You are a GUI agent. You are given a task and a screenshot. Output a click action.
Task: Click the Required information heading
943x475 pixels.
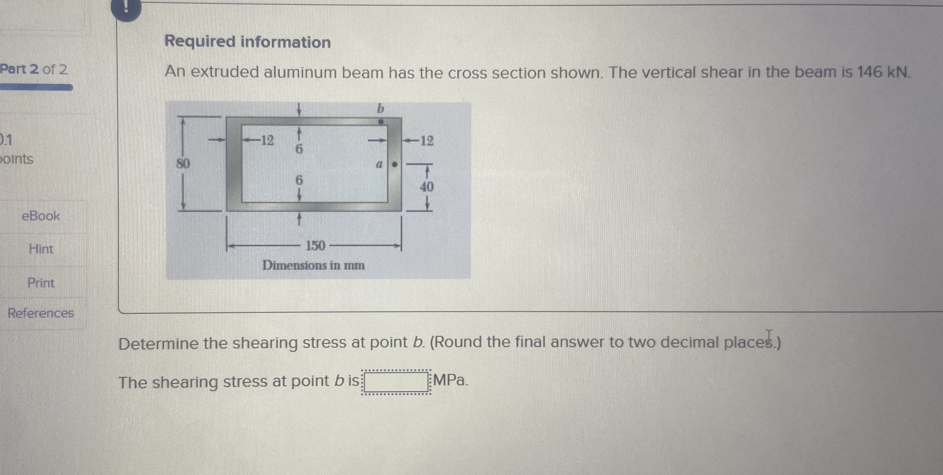pos(247,42)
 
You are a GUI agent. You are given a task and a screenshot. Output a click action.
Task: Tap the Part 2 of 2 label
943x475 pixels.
pos(34,69)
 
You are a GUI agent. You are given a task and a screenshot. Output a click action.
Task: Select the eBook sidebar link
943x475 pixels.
pos(41,216)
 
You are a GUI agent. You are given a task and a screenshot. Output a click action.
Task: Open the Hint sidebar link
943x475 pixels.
pos(41,249)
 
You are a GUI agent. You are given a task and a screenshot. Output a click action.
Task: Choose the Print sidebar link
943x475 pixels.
pos(41,283)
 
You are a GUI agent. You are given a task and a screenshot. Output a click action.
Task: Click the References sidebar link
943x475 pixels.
pos(41,313)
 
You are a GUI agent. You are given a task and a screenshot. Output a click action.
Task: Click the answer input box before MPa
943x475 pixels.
pos(396,382)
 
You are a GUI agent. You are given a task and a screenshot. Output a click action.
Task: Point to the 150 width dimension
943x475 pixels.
pos(315,245)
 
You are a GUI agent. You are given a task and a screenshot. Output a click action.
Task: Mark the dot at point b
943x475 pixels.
pos(381,122)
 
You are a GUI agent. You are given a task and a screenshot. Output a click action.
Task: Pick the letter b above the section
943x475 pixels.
pos(381,108)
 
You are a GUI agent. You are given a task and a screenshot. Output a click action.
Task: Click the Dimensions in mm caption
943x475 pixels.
pos(313,265)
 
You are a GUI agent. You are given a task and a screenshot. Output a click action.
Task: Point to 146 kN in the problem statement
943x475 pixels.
pos(884,72)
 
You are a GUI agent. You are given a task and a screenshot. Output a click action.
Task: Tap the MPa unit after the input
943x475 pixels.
pos(450,381)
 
